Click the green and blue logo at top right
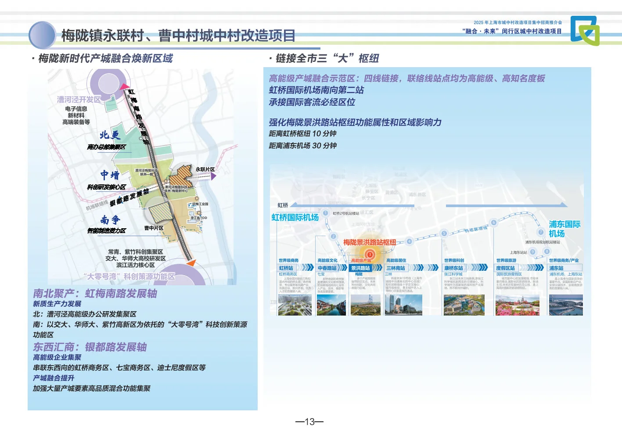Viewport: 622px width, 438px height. [585, 30]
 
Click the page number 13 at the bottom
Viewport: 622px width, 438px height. [309, 422]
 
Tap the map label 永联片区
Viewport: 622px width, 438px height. [205, 169]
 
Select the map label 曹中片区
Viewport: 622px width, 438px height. [154, 228]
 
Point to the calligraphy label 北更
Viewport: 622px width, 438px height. [110, 135]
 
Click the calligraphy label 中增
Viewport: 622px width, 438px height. [110, 176]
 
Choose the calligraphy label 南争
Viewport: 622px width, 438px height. [110, 219]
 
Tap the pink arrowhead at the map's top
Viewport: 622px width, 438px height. [124, 87]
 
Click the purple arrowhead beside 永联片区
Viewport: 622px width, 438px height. [213, 176]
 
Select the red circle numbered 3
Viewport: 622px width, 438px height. [370, 255]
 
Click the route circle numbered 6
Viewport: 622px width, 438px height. [493, 223]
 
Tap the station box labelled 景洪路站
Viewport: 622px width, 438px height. [360, 268]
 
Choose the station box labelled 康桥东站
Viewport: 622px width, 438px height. [454, 268]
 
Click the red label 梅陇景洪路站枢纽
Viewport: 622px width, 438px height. [369, 242]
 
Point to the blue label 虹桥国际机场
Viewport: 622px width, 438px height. [295, 217]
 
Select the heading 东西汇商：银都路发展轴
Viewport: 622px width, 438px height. [90, 347]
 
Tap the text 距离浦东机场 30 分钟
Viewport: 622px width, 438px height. [302, 146]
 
